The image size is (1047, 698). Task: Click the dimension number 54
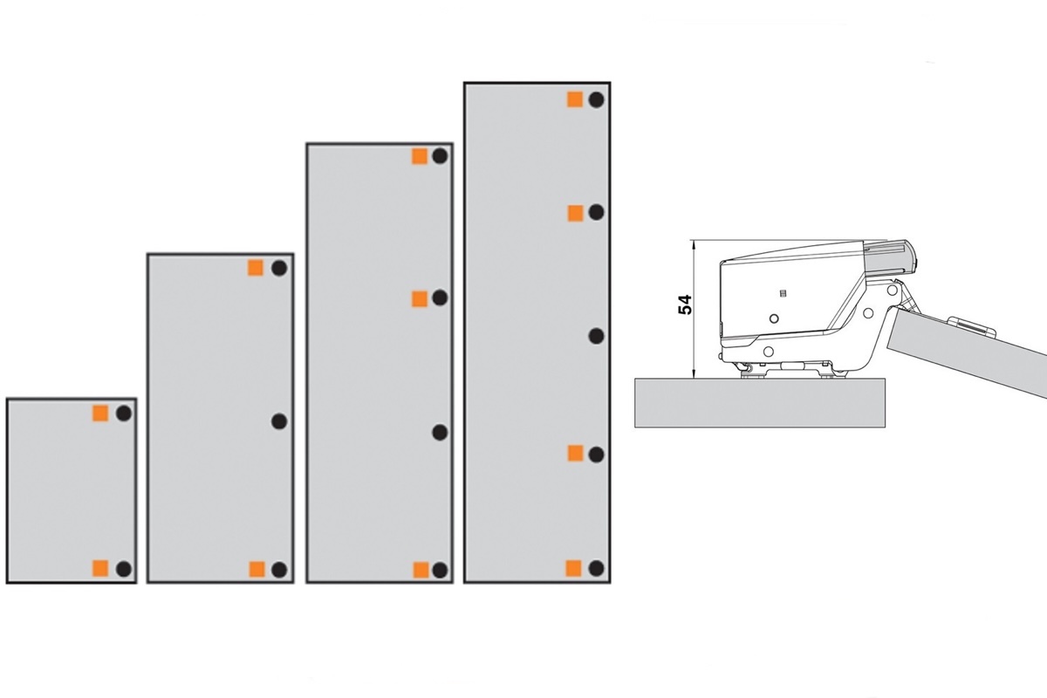(x=685, y=305)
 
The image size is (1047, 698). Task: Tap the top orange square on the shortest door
(x=100, y=414)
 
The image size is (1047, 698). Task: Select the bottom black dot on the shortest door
(x=124, y=569)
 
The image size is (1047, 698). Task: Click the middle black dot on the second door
(x=279, y=421)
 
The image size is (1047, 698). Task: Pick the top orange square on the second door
(x=256, y=268)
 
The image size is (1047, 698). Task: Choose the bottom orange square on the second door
(x=257, y=570)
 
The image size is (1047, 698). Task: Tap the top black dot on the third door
(x=440, y=155)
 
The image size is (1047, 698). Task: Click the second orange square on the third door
(x=420, y=298)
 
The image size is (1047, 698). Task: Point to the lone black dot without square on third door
(x=440, y=433)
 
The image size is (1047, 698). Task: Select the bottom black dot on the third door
(x=440, y=570)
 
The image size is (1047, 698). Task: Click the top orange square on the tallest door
(x=575, y=99)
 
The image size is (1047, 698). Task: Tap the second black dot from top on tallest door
(x=596, y=212)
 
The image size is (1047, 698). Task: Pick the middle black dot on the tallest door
(x=596, y=336)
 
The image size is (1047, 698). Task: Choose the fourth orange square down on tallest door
(x=574, y=569)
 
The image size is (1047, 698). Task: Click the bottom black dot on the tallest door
(x=596, y=568)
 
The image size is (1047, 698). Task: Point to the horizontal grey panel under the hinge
(x=760, y=402)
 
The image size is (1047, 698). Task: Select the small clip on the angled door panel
(x=972, y=325)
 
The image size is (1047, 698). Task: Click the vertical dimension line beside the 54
(x=695, y=309)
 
